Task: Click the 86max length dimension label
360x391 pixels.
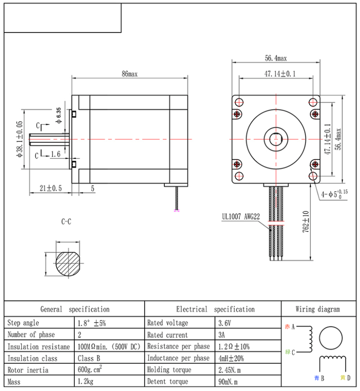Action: pos(129,74)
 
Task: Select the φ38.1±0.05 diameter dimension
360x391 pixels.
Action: pos(19,139)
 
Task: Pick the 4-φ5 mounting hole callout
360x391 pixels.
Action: pos(335,193)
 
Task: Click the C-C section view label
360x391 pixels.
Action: pos(66,222)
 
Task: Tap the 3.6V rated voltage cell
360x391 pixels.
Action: pos(225,323)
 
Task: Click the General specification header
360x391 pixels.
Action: pos(75,309)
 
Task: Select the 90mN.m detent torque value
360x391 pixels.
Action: pos(229,381)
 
